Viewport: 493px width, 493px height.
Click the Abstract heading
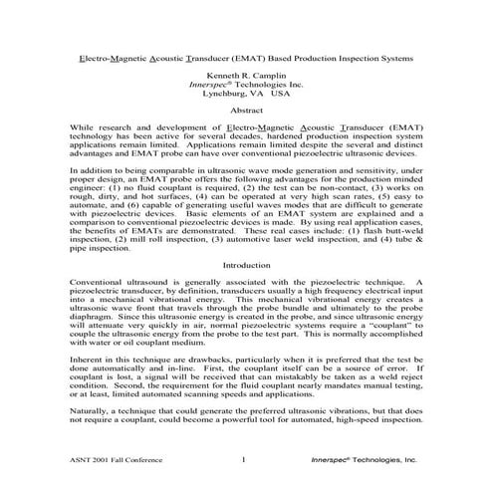(x=246, y=122)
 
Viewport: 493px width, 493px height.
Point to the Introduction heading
(x=246, y=266)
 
